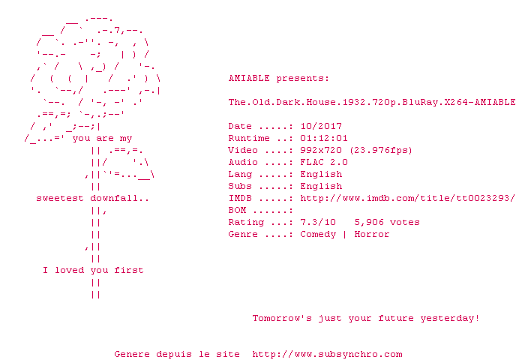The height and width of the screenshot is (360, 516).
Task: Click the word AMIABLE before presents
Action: coord(249,78)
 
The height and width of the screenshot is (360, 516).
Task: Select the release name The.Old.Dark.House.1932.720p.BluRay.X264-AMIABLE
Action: coord(372,102)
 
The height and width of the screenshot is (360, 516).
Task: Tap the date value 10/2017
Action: coord(321,126)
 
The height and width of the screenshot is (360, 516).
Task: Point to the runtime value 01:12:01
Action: coord(324,138)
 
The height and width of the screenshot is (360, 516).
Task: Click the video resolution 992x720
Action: coord(321,151)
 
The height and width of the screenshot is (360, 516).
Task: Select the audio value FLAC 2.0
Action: coord(324,162)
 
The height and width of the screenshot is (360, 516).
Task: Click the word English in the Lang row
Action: coord(321,175)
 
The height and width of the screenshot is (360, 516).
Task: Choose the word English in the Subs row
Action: coord(321,186)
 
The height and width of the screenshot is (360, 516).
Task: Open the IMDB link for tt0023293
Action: coord(407,199)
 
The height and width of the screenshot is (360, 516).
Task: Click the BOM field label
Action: coord(237,210)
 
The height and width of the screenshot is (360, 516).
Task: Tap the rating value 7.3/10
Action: coord(318,223)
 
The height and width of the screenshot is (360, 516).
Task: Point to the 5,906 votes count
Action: coord(387,223)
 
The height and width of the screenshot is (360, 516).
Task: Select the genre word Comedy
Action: coord(318,234)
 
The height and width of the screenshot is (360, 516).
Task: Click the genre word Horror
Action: coord(372,234)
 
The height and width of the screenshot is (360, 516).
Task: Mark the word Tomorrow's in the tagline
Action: coord(282,318)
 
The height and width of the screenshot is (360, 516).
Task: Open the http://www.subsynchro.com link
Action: coord(327,355)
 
